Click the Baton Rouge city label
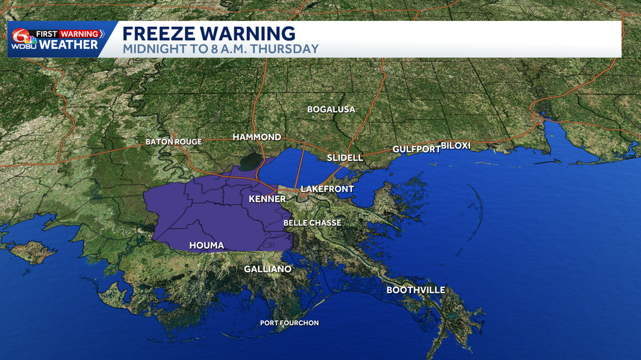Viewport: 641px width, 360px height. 174,142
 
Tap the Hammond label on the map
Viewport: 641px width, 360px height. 257,137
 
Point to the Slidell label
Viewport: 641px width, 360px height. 345,158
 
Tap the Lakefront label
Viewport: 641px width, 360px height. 327,189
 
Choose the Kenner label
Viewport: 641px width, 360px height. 268,199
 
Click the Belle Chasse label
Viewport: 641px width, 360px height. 312,223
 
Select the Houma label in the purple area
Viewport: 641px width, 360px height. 206,246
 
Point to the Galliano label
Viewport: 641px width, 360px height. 268,269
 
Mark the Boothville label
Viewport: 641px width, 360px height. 416,290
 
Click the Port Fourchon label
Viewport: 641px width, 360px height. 290,323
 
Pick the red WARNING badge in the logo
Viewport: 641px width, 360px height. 79,34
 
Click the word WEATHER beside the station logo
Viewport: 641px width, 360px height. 69,45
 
